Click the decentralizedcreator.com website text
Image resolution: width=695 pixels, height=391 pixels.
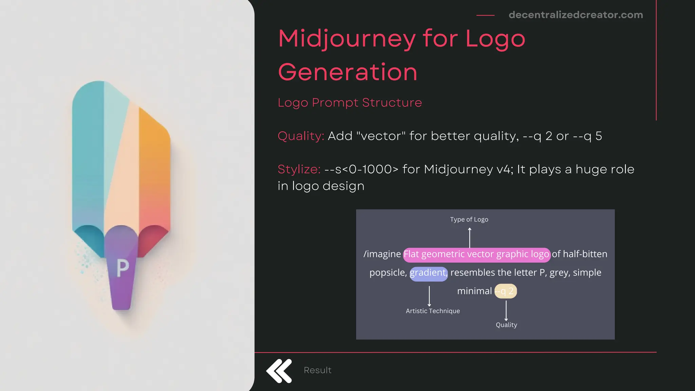[576, 15]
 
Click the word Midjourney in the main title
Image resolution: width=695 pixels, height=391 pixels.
[347, 39]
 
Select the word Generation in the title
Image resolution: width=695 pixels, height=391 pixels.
[347, 72]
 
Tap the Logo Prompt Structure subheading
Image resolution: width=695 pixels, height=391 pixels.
[350, 103]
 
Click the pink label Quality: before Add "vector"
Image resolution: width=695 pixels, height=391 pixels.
[301, 136]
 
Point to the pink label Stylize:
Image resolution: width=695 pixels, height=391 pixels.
[299, 169]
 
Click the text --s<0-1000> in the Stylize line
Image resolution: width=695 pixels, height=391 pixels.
[361, 169]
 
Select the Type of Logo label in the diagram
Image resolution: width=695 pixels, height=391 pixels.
[469, 220]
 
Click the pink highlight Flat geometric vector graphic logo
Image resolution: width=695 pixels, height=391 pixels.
[476, 254]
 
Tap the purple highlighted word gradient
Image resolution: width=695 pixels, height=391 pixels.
[428, 273]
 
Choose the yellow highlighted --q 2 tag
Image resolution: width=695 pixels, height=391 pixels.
[505, 291]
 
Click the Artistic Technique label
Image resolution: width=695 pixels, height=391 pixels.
[433, 311]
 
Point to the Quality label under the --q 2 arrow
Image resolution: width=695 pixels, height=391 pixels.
[506, 325]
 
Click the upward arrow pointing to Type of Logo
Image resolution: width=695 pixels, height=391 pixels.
[470, 238]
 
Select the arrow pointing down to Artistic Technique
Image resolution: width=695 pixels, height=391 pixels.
[429, 296]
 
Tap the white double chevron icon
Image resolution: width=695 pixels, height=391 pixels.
[279, 371]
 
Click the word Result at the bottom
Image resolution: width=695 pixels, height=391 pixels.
[317, 370]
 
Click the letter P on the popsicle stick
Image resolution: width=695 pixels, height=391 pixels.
[123, 268]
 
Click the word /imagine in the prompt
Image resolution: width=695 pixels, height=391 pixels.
[382, 254]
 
